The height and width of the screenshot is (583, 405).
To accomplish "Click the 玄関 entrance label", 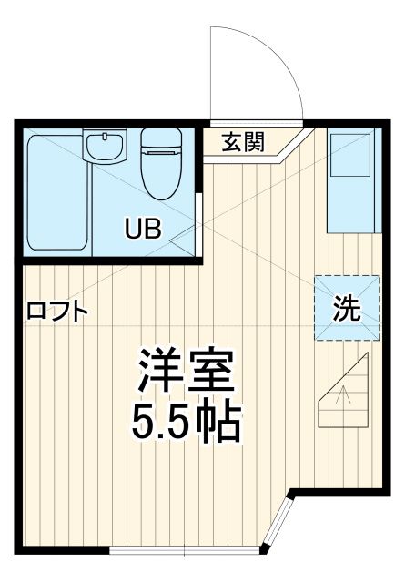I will [242, 141].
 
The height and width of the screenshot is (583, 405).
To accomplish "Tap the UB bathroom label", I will [143, 228].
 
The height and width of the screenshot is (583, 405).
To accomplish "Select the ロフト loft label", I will [57, 312].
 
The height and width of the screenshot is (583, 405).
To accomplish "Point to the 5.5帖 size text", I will [187, 420].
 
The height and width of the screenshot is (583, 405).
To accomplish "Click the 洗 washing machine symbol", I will [346, 308].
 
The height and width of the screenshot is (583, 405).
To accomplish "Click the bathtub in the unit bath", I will [56, 194].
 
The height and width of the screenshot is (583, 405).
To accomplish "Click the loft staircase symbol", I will [344, 392].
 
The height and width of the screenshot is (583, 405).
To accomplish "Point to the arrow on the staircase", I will [344, 395].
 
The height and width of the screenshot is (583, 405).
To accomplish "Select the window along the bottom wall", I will [182, 549].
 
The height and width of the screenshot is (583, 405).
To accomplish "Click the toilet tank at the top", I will [161, 138].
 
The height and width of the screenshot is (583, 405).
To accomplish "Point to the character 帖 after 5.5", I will [221, 420].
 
